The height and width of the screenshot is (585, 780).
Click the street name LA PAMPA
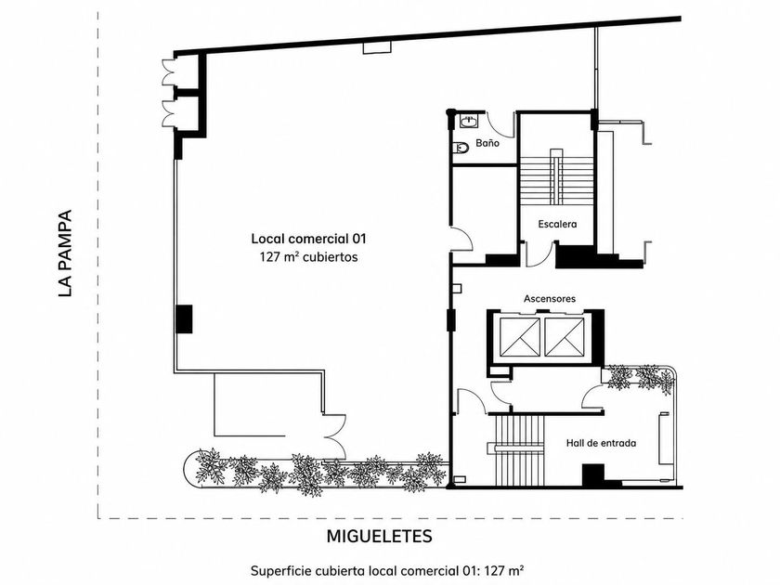tap(65, 253)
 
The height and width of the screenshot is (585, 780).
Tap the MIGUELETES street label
tap(379, 537)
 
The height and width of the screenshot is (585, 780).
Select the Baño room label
tap(487, 143)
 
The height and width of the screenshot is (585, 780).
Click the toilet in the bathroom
tap(461, 148)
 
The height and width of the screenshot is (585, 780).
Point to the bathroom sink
tap(468, 121)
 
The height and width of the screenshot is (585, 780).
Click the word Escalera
tap(557, 225)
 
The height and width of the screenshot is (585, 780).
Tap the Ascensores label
tap(549, 298)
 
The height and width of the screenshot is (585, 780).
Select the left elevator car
tap(520, 337)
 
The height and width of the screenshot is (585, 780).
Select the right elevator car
tap(565, 337)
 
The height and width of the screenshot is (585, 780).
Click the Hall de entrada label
tap(601, 443)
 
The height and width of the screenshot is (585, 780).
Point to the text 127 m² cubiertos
tap(308, 257)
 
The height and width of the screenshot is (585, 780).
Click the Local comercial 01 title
tap(308, 239)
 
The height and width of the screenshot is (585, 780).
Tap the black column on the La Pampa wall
tap(184, 318)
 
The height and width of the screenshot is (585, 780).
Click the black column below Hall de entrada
tap(593, 475)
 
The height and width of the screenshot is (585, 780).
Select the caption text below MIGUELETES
tap(387, 570)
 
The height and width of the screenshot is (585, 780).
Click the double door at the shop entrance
tap(335, 436)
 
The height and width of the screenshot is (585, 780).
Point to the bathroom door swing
tap(500, 124)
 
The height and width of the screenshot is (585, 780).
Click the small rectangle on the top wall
tap(377, 47)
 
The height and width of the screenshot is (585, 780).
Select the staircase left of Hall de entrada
tap(517, 450)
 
